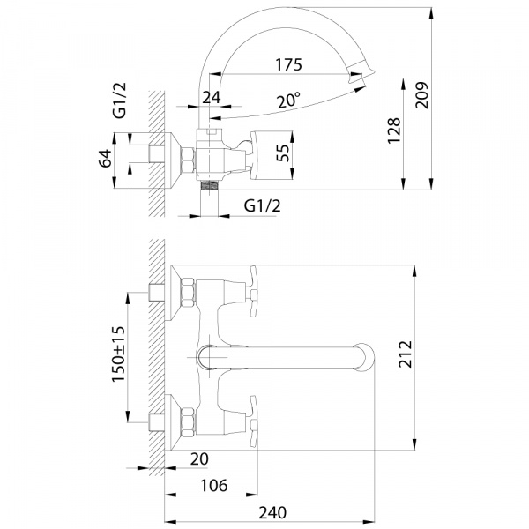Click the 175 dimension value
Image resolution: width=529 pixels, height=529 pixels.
(288, 64)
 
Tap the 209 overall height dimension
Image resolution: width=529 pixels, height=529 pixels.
(421, 95)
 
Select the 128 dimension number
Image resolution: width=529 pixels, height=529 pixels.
(394, 130)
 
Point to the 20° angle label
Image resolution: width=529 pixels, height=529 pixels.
(288, 101)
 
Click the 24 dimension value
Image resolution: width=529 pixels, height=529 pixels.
(212, 98)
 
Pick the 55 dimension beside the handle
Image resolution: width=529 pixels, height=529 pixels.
(283, 153)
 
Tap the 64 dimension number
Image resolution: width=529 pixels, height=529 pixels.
(105, 158)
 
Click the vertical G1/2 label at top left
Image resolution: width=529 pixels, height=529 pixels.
(119, 101)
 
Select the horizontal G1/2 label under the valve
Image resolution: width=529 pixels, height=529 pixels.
(262, 205)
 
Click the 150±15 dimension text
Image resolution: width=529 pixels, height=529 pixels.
(118, 354)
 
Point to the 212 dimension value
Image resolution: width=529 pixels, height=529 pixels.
(406, 354)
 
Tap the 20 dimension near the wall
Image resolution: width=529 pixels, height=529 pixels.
(199, 458)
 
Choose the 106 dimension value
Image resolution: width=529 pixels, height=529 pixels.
(214, 486)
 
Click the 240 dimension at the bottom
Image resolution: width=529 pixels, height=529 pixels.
(272, 513)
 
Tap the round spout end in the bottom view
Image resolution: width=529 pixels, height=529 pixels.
(363, 357)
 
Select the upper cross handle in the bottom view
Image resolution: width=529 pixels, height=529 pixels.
(254, 291)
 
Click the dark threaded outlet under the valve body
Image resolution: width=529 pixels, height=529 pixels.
(209, 185)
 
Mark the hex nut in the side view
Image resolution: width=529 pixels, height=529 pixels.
(188, 160)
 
